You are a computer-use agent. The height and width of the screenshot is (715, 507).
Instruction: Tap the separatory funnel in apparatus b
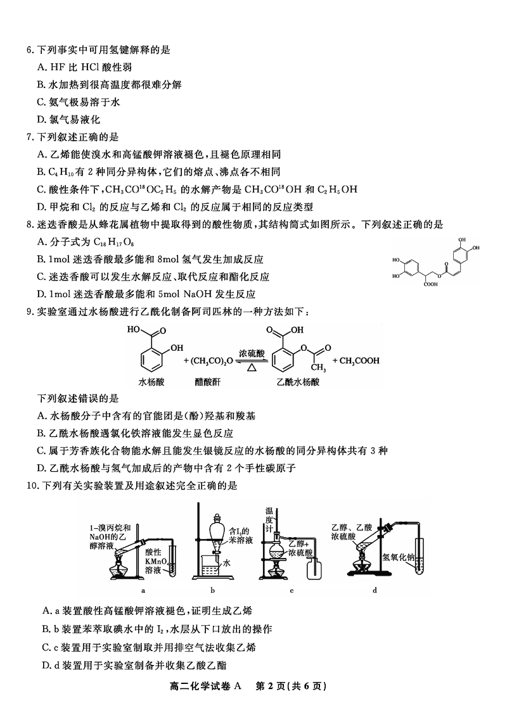[x=217, y=531]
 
